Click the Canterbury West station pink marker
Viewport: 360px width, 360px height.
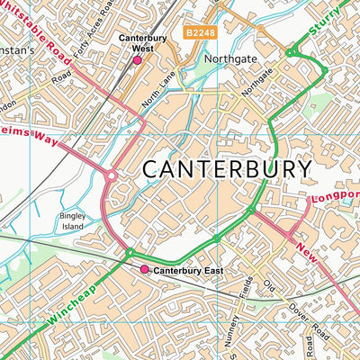(138, 60)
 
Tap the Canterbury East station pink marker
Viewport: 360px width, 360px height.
(143, 269)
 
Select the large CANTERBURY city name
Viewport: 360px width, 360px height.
(227, 169)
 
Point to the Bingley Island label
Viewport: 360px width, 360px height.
(72, 221)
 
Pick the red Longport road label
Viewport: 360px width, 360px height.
(335, 195)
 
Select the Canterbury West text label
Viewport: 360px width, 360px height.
(138, 43)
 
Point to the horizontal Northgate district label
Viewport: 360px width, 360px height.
(230, 61)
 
